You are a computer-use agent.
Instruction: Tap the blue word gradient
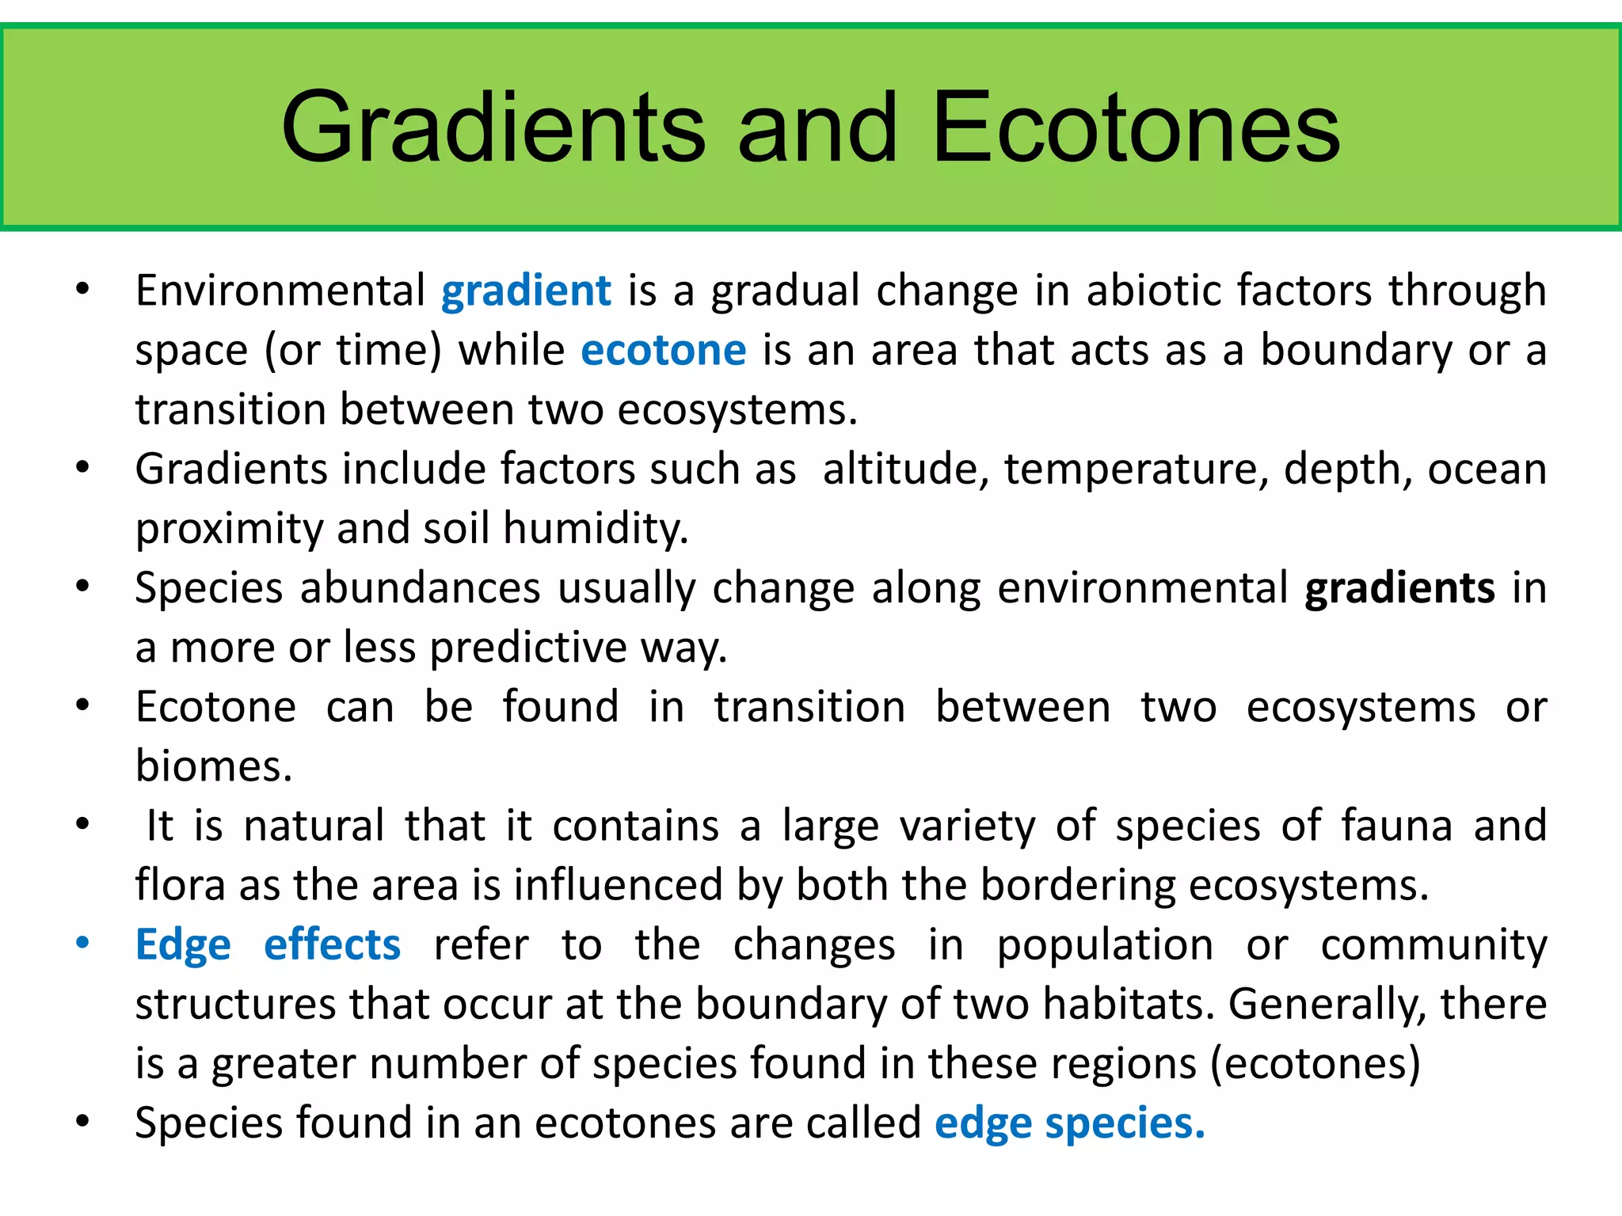(x=526, y=291)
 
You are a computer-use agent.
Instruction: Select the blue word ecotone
(x=664, y=351)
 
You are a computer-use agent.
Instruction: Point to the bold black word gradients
(x=1399, y=589)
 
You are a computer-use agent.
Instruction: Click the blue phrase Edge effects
(x=268, y=945)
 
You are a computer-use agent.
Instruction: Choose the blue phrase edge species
(x=1069, y=1123)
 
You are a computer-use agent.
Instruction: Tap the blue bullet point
(x=82, y=943)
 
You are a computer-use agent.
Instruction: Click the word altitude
(x=905, y=469)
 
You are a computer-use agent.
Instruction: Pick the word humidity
(x=596, y=529)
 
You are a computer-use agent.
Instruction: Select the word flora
(x=181, y=885)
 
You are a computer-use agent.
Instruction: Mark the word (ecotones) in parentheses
(x=1315, y=1064)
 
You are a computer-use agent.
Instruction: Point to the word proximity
(x=228, y=529)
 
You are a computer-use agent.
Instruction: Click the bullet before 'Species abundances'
(x=82, y=587)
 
